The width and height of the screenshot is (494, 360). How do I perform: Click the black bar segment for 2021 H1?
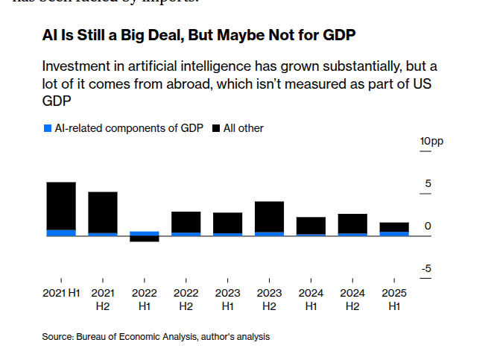61,206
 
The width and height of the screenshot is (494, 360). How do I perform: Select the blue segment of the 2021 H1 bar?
61,233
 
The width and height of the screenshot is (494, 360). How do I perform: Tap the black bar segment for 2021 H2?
103,212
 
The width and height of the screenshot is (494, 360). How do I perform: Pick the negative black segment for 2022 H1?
145,239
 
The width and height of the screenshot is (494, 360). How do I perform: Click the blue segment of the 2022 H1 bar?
145,233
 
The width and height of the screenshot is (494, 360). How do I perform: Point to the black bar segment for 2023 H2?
270,217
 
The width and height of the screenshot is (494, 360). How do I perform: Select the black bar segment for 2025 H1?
395,227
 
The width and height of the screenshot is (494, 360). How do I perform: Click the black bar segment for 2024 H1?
311,226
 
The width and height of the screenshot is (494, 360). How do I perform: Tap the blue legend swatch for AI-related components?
48,128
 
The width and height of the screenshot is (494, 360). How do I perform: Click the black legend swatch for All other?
216,128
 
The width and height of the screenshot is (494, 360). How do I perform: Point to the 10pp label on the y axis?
431,142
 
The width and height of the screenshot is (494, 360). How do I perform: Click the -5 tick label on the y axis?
427,269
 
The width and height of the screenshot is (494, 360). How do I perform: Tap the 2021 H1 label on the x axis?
61,292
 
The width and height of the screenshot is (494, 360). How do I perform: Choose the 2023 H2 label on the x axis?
270,298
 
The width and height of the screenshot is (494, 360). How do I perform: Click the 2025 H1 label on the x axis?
395,298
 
